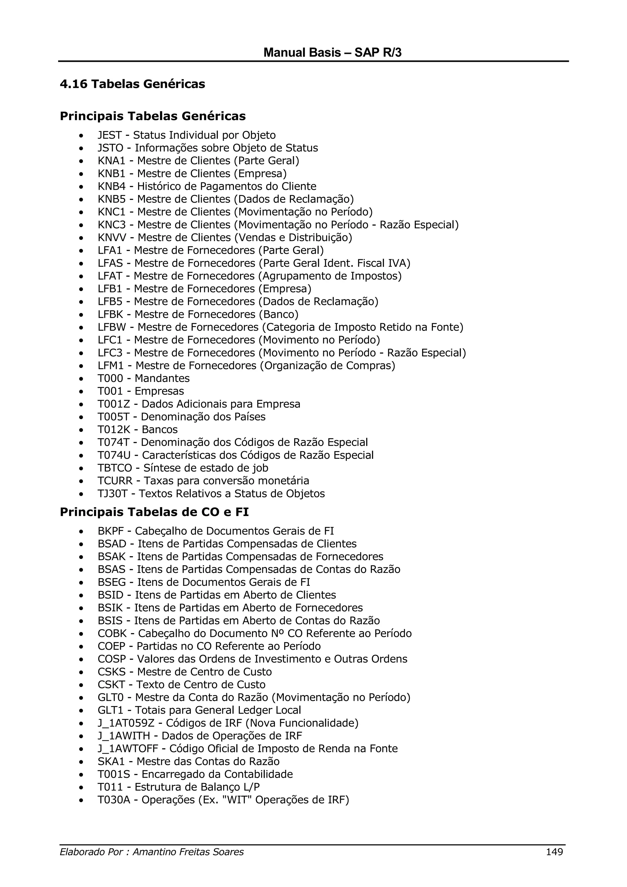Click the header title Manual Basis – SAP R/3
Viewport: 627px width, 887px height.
332,53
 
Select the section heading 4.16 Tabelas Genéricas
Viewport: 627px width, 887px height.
133,84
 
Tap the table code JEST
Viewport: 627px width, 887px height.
110,135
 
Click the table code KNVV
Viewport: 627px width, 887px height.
112,237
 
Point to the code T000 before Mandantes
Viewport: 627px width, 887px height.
110,378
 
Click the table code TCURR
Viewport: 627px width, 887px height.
115,481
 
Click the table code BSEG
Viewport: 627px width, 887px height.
111,582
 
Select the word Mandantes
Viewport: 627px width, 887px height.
162,378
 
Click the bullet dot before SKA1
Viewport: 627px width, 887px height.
81,762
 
